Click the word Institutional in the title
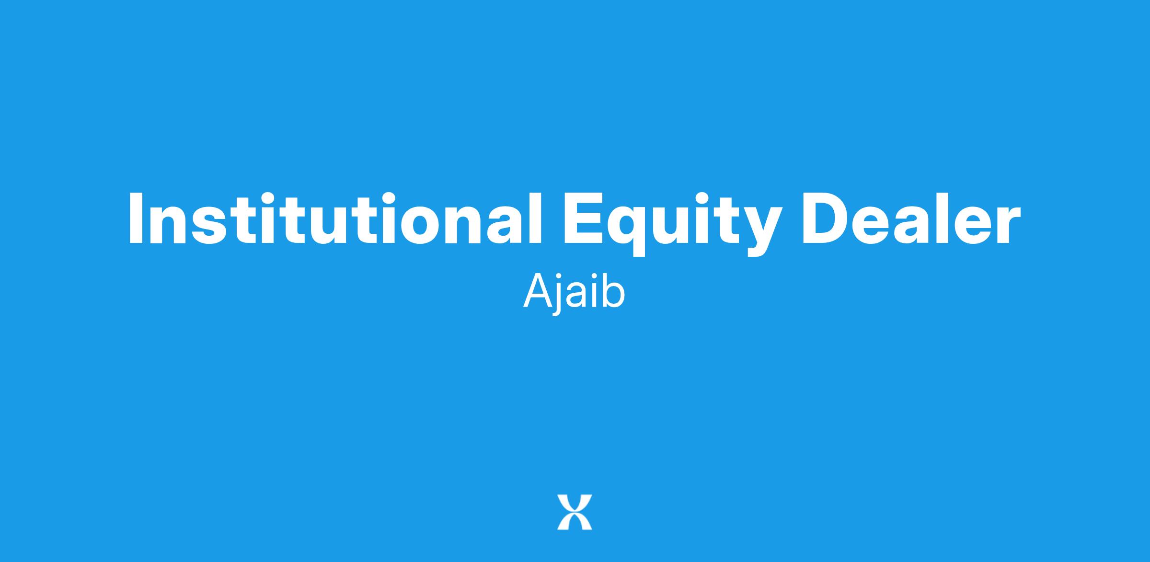pyautogui.click(x=334, y=218)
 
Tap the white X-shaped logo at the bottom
pyautogui.click(x=575, y=512)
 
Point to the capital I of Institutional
pyautogui.click(x=137, y=218)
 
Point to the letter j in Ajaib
pyautogui.click(x=557, y=296)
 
